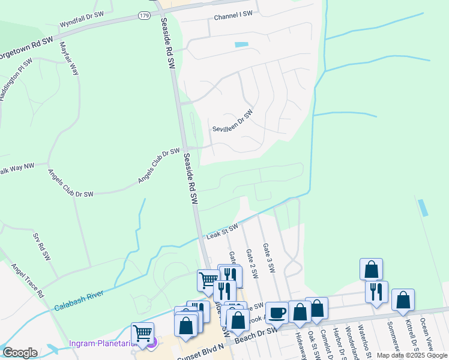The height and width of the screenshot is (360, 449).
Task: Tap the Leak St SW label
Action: [x=223, y=232]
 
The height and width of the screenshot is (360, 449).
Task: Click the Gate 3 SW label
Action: [x=268, y=259]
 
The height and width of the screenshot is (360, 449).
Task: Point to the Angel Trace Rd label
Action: [x=28, y=281]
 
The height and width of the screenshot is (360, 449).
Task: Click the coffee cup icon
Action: [x=277, y=313]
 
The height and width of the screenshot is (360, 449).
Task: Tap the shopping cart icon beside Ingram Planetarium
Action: [x=142, y=333]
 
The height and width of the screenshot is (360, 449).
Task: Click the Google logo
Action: [x=20, y=352]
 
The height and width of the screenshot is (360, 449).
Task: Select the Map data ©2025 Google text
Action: [x=411, y=355]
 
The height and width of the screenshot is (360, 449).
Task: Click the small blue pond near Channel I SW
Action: [x=241, y=45]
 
